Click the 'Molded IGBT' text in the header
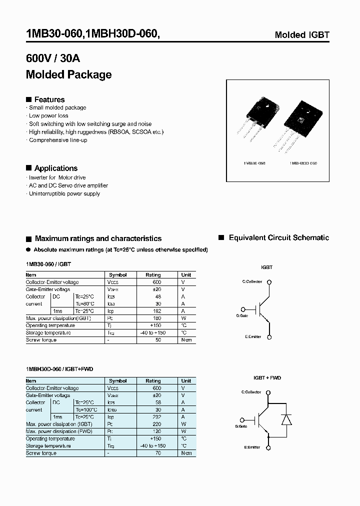click(302, 35)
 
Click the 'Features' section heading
click(49, 99)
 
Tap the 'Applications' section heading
click(55, 168)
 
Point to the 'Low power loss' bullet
click(48, 115)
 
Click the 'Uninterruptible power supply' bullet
click(64, 193)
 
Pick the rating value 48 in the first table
click(157, 296)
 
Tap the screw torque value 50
click(158, 340)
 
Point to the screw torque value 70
click(158, 453)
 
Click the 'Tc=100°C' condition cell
click(86, 409)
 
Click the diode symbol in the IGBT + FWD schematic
click(286, 419)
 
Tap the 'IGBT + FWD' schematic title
click(267, 378)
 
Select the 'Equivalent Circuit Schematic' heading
click(278, 238)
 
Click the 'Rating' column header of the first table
click(153, 275)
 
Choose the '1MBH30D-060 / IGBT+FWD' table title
click(59, 369)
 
